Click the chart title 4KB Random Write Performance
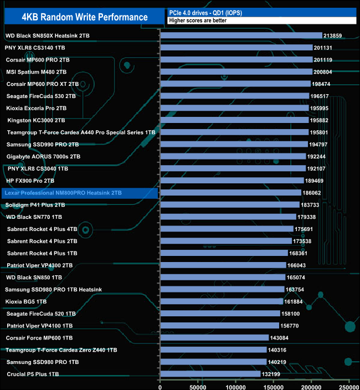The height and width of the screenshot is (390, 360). tap(85, 17)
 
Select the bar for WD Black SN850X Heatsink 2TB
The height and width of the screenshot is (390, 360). tap(241, 35)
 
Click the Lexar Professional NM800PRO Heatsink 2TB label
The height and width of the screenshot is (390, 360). tap(63, 193)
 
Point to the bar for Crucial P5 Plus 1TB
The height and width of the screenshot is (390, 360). tap(210, 374)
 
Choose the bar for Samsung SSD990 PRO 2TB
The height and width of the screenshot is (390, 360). tap(234, 144)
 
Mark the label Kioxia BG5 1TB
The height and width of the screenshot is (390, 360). tap(26, 301)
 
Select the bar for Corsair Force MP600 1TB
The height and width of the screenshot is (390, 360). tap(214, 337)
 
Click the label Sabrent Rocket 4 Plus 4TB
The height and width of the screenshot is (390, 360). tap(42, 229)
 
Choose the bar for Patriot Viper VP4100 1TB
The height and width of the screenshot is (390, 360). tap(219, 326)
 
